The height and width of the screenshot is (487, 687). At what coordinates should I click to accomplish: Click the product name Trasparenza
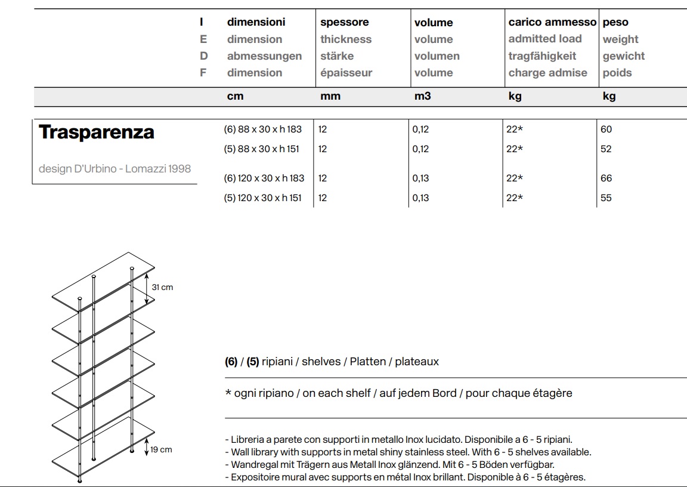(x=97, y=132)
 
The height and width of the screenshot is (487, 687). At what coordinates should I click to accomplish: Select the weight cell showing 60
(x=606, y=130)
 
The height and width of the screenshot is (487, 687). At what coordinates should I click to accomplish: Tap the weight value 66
(x=606, y=178)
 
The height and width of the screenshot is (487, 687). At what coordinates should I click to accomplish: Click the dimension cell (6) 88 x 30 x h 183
(x=263, y=130)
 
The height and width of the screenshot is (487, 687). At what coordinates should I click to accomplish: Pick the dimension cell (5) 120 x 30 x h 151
(x=263, y=198)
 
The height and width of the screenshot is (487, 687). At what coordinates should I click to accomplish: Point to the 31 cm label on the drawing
(x=162, y=288)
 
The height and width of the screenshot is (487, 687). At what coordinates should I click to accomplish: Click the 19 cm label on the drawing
(x=161, y=450)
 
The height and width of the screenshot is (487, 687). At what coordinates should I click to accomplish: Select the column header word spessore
(x=344, y=23)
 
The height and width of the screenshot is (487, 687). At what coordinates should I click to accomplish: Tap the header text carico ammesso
(x=552, y=23)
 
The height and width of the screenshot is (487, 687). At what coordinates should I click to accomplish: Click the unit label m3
(x=422, y=96)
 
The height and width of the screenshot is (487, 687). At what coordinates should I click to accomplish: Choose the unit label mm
(x=330, y=96)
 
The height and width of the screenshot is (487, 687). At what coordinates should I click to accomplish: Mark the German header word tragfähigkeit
(x=542, y=56)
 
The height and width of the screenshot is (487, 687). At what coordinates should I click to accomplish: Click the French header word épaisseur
(x=346, y=73)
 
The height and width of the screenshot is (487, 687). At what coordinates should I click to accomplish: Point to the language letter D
(x=203, y=56)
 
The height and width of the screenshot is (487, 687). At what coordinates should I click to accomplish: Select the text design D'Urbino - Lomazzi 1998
(x=114, y=169)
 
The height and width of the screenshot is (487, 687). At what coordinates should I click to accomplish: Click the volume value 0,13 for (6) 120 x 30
(x=420, y=178)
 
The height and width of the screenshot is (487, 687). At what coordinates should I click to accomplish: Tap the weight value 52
(x=606, y=149)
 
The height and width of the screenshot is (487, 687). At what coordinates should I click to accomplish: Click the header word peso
(x=615, y=23)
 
